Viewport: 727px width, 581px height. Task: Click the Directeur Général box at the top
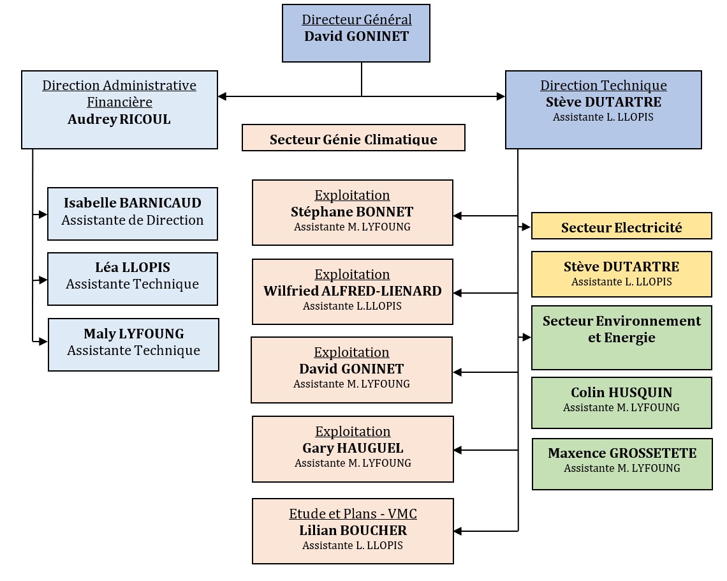356,33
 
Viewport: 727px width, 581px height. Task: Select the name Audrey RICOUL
119,119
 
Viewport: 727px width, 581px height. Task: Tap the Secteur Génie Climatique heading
353,139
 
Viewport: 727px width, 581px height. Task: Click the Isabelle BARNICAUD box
133,213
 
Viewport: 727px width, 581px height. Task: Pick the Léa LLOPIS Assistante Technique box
133,278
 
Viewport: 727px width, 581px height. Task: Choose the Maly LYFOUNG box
133,344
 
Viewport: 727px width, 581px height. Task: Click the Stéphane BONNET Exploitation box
352,213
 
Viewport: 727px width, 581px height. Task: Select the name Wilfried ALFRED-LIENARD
352,291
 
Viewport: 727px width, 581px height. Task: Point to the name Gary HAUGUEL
353,448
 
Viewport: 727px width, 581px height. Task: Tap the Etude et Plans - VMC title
353,514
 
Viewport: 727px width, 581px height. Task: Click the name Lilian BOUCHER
353,530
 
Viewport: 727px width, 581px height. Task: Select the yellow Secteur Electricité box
621,227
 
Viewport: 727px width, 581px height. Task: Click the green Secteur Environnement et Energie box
621,337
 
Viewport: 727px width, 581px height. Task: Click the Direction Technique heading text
603,86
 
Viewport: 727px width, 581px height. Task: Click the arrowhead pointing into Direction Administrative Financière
222,97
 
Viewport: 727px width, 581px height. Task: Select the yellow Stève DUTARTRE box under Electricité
621,274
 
